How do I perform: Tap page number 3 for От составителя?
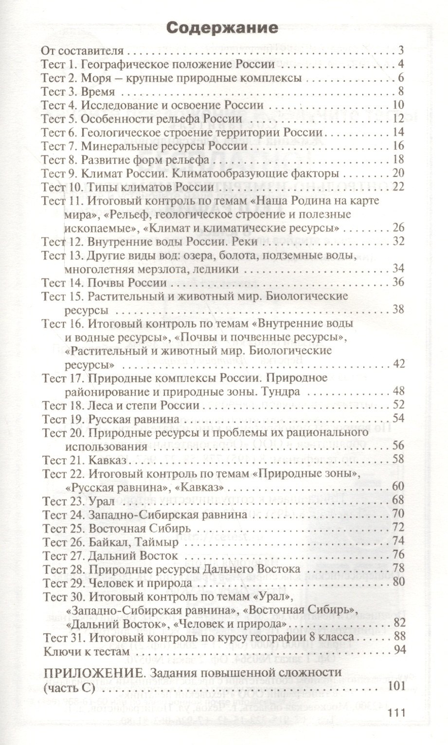pyautogui.click(x=401, y=50)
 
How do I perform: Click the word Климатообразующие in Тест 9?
pyautogui.click(x=237, y=173)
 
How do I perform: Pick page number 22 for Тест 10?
pyautogui.click(x=398, y=187)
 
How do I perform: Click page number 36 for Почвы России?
pyautogui.click(x=398, y=282)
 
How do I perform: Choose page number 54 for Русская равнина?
pyautogui.click(x=398, y=418)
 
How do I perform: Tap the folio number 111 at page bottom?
pyautogui.click(x=396, y=712)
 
